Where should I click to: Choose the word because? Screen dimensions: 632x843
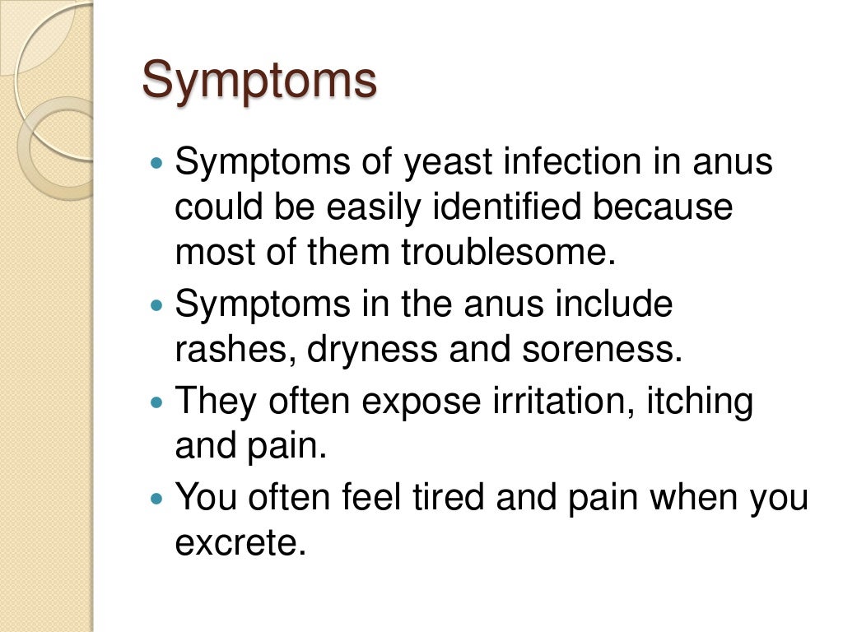(x=664, y=207)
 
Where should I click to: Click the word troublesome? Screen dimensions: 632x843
(x=509, y=253)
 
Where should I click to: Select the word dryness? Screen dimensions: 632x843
(x=372, y=351)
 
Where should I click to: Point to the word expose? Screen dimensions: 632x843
(x=422, y=402)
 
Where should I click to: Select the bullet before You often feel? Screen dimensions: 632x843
(x=160, y=500)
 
